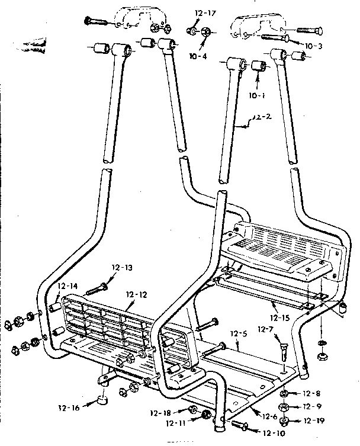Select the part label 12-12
(x=137, y=294)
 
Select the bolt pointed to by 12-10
(x=238, y=425)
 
